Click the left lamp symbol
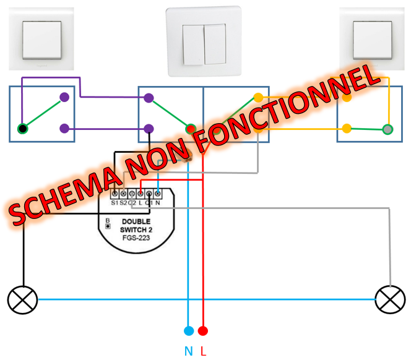pos(23,300)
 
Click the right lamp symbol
pos(391,300)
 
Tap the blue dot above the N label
pos(189,331)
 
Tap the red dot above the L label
pos(203,331)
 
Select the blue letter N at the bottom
pos(188,351)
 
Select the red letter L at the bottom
pos(204,351)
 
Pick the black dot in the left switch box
pos(23,129)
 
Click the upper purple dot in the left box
pos(64,97)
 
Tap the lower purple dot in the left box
pos(64,129)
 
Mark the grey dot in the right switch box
pos(388,129)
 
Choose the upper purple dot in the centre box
pos(149,97)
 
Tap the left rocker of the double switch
pos(194,44)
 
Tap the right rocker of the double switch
pos(215,44)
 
